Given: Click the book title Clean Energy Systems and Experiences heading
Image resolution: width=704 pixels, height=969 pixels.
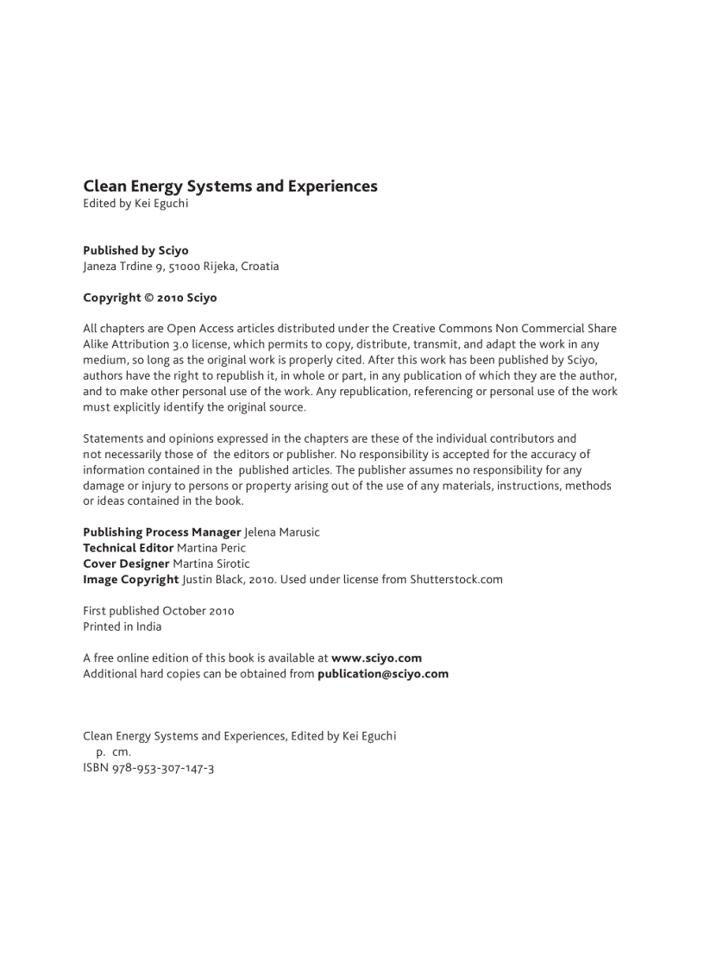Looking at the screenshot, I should coord(230,186).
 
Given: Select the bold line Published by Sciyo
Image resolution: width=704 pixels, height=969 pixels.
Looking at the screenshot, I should coord(135,250).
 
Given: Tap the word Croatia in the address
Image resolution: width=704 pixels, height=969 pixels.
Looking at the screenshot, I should coord(260,267).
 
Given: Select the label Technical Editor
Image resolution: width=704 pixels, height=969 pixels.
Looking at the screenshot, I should coord(128,548).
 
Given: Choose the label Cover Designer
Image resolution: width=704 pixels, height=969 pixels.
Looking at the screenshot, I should coord(126,563).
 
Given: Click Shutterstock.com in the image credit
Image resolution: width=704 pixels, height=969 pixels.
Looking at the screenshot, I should coord(456,579).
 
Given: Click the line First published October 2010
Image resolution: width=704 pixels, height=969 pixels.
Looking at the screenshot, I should coord(159,611).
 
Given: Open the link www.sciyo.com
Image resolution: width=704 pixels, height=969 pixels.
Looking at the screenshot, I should coord(376,658).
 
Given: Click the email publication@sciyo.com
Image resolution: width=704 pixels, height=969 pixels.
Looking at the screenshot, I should coord(383,674).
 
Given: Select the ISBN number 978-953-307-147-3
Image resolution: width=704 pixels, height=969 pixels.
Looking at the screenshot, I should coord(163,767).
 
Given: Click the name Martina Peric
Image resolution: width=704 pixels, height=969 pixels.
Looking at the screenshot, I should coord(211,548).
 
